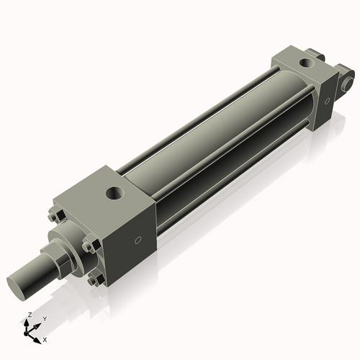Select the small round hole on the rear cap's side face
pyautogui.click(x=328, y=101)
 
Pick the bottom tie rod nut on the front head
pyautogui.click(x=93, y=281)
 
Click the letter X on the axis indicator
pyautogui.click(x=45, y=338)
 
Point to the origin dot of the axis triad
pyautogui.click(x=30, y=330)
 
